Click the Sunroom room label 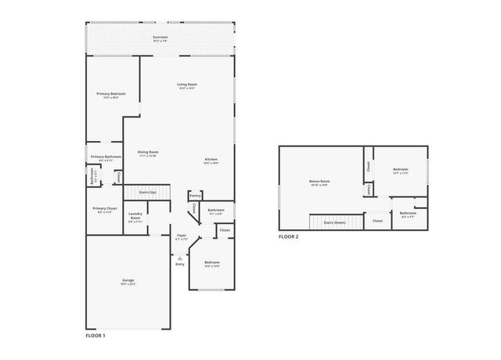(160, 37)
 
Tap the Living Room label (186, 84)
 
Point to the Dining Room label (148, 152)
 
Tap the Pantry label (195, 195)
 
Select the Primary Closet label (104, 208)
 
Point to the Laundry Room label (135, 216)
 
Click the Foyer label (181, 235)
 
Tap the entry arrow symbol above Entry (180, 257)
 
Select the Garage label (128, 279)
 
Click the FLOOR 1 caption (95, 335)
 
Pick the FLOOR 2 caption (289, 236)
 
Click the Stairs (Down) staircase (335, 222)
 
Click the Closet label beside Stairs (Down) (377, 221)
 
